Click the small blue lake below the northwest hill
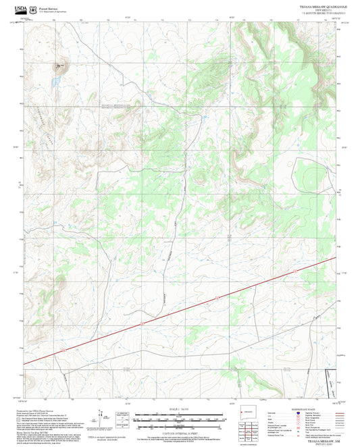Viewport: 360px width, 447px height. click(x=59, y=78)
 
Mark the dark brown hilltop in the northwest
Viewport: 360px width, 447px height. click(x=60, y=66)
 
